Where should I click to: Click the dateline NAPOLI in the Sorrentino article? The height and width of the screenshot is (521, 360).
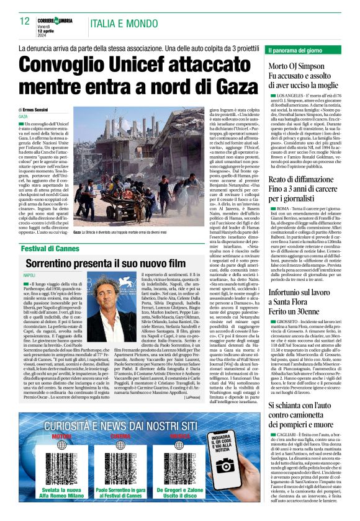[x=29, y=274]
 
